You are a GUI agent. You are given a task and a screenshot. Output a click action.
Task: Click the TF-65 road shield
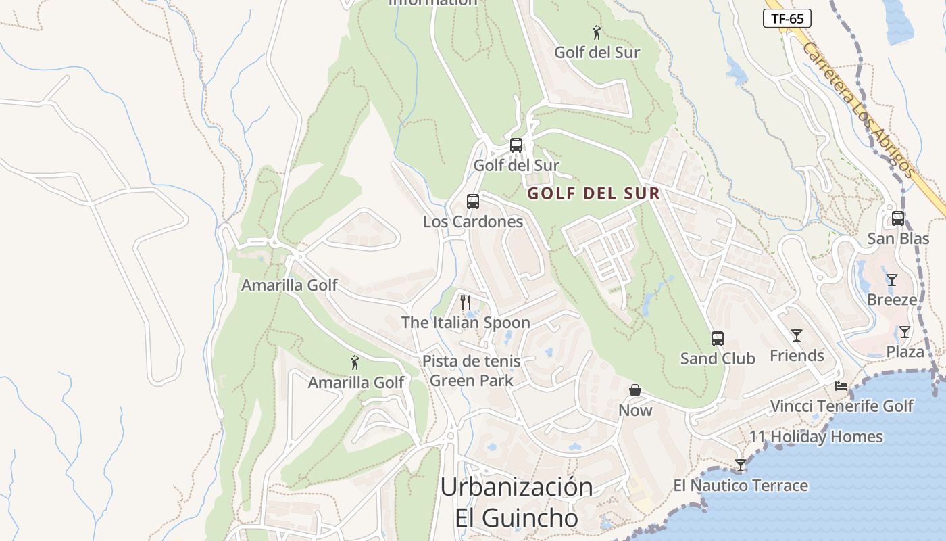tap(787, 18)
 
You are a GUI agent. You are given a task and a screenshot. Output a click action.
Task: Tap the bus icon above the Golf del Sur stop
tap(516, 145)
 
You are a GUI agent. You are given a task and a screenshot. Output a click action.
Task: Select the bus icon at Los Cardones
tap(473, 202)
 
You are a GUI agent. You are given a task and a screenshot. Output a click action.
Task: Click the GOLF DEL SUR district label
tap(593, 193)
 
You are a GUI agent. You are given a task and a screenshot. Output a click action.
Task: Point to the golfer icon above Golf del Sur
tap(597, 32)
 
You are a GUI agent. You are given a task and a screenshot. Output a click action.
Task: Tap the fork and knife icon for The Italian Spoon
tap(465, 302)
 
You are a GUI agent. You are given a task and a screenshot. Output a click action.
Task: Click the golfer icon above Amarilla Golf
tap(355, 363)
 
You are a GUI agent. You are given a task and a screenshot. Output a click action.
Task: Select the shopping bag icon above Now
tap(635, 390)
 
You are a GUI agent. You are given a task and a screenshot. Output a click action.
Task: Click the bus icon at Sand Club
tap(718, 339)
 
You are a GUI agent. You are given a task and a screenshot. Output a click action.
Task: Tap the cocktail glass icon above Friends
tap(797, 335)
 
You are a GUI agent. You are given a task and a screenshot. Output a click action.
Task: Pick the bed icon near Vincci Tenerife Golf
tap(841, 386)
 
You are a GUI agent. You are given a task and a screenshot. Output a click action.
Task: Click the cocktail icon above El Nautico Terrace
tap(741, 465)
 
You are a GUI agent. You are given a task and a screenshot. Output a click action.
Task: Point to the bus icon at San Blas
tap(898, 218)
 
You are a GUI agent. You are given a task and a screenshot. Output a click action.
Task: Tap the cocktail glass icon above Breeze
tap(892, 280)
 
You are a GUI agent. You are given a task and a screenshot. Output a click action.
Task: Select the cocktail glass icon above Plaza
tap(905, 332)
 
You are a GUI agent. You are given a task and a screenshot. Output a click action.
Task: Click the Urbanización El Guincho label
tap(517, 502)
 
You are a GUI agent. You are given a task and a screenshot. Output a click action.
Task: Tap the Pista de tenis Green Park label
tap(472, 371)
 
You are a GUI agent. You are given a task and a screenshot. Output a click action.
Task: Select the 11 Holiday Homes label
tap(816, 437)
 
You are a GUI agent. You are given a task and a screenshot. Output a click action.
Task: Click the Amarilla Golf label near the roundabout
tap(289, 285)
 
